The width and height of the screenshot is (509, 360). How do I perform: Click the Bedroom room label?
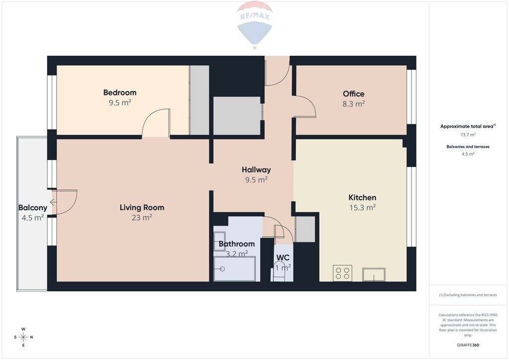pos(120,92)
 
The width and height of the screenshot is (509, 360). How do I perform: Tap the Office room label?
pos(353,94)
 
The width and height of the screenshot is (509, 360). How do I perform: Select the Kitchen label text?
pos(362,197)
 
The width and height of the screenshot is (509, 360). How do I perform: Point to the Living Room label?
pos(142,207)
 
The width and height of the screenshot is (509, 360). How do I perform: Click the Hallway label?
pos(256,170)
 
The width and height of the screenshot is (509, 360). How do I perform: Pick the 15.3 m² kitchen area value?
pos(362,207)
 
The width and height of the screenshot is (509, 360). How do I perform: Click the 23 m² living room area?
pos(142,217)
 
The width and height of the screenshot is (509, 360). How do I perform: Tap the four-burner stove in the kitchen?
pos(342,273)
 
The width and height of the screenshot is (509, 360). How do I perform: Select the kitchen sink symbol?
pos(374,274)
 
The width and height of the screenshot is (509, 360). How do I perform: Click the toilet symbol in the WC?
pos(278,274)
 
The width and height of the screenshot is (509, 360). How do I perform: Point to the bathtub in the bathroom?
pos(235,269)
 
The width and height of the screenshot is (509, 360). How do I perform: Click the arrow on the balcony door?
pos(53,202)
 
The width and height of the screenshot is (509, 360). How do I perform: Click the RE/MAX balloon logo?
pos(255,25)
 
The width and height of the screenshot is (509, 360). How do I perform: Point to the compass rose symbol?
pos(23,337)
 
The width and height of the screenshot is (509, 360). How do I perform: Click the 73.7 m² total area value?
pos(468,135)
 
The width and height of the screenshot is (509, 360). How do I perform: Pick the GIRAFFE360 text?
pos(468,345)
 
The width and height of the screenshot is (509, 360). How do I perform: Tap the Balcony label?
pos(33,208)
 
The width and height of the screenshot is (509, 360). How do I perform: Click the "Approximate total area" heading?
pos(467,127)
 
